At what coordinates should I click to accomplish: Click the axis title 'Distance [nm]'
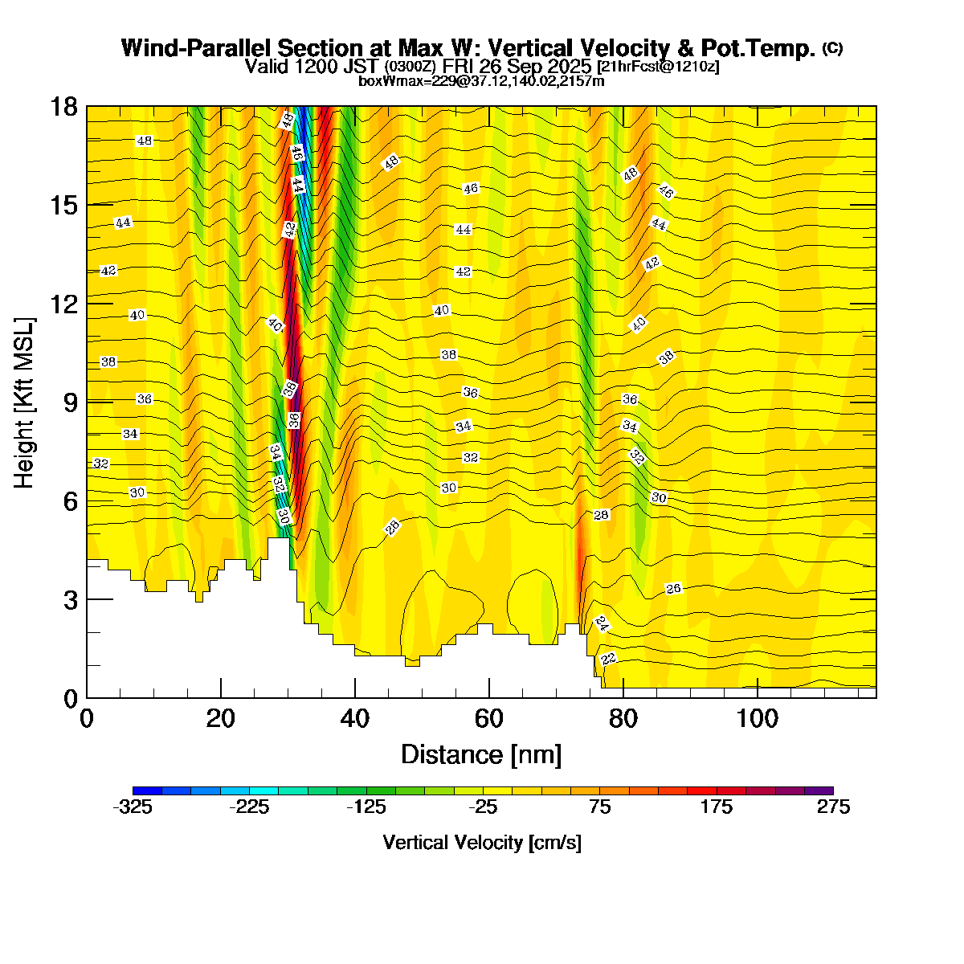pos(481,755)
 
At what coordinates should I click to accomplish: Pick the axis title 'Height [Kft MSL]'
pos(25,402)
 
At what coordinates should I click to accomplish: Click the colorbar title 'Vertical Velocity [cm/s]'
pos(482,843)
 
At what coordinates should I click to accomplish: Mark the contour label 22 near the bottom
pos(608,660)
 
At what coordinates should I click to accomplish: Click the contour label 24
pos(602,623)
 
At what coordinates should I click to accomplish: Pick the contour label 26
pos(673,589)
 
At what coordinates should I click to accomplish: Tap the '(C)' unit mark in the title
pos(832,48)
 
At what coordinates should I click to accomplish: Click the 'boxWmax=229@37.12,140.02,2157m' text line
pos(481,80)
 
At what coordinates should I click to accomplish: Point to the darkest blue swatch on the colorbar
pos(147,790)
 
